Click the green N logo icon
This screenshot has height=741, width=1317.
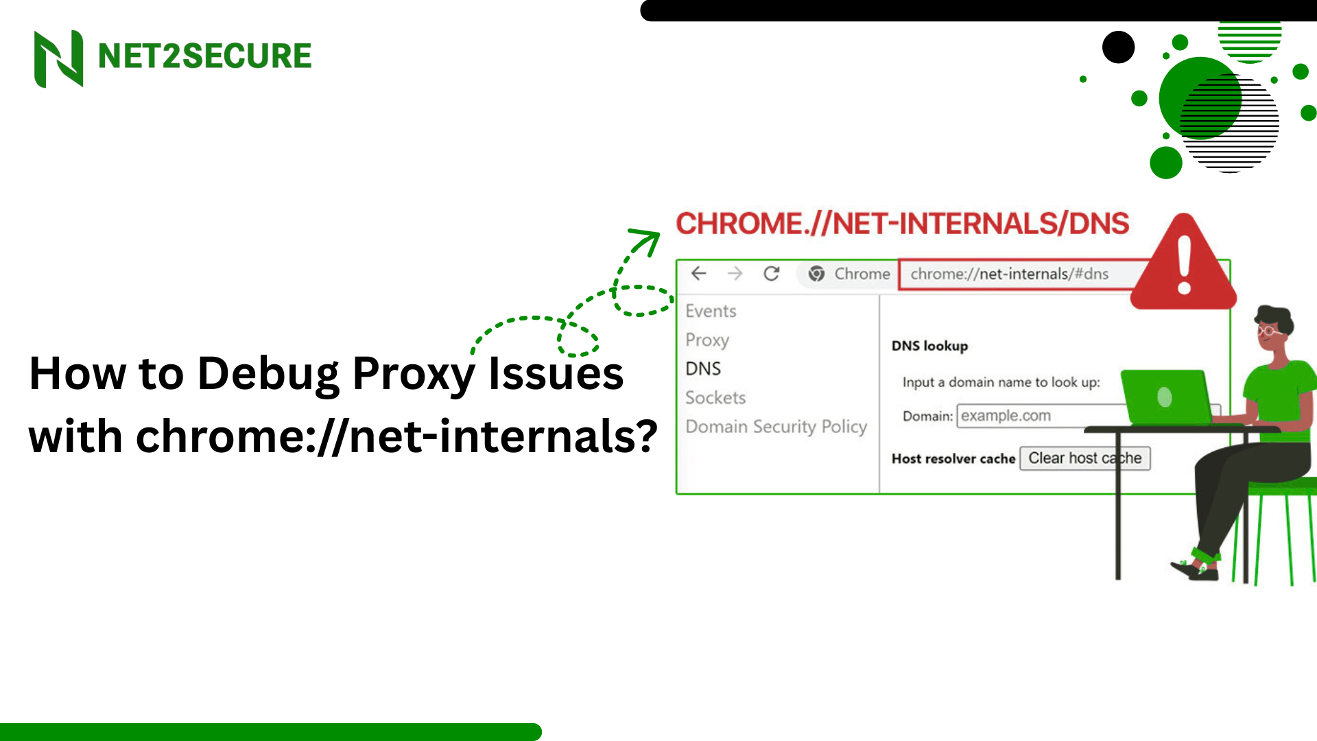coord(59,58)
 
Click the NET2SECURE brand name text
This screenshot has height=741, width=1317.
coord(204,56)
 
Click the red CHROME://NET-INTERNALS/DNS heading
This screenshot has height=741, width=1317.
coord(902,224)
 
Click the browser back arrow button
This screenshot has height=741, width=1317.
coord(698,274)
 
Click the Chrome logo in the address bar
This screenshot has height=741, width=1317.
coord(816,274)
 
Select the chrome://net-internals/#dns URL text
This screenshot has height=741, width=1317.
coord(1009,274)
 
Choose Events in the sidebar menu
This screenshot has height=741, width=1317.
coord(711,311)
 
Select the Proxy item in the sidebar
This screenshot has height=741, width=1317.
coord(707,340)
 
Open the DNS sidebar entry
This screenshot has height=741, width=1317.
coord(703,368)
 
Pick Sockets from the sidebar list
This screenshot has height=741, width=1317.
coord(715,398)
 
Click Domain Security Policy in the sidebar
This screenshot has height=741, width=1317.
coord(776,427)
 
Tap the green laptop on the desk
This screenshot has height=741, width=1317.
coord(1166,397)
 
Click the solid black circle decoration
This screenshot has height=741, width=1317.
coord(1118,47)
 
